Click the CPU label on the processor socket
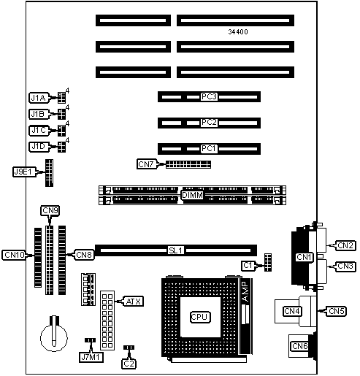click(x=200, y=317)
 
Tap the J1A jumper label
click(x=39, y=98)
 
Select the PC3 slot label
click(x=209, y=96)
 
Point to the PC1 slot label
click(x=209, y=148)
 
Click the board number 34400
click(x=238, y=31)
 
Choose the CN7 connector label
click(x=146, y=164)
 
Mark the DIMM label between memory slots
click(x=192, y=195)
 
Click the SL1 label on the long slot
click(x=175, y=250)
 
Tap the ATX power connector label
click(x=134, y=302)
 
